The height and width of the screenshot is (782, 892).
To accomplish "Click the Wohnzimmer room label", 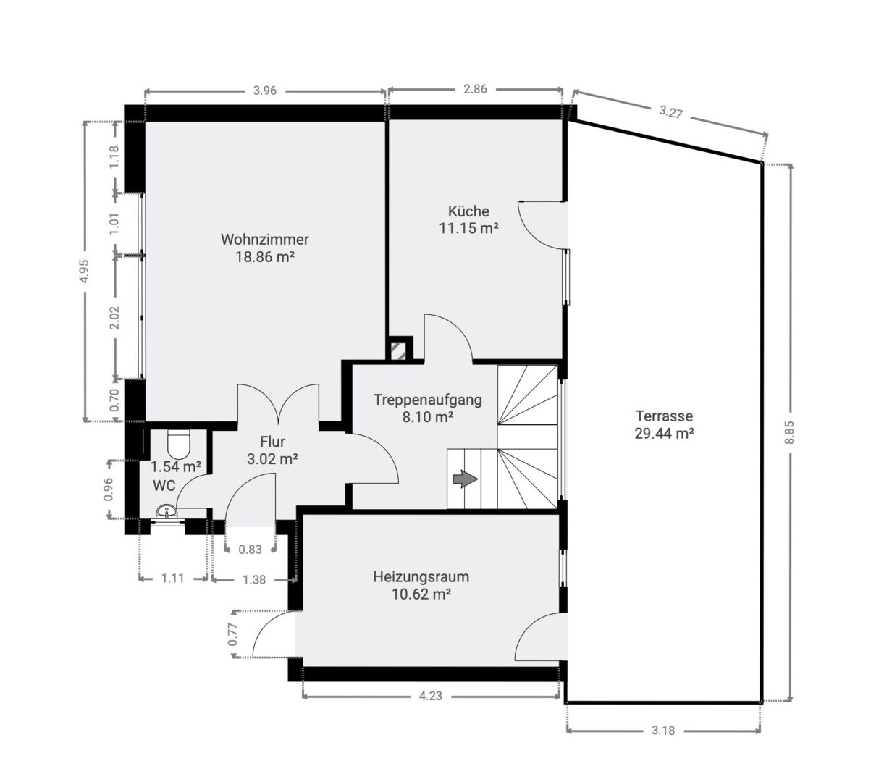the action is tap(264, 240).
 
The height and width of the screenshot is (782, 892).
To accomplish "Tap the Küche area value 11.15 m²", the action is tap(468, 228).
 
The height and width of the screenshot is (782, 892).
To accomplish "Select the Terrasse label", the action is tap(664, 416).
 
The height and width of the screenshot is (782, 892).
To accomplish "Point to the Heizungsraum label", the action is tap(421, 576).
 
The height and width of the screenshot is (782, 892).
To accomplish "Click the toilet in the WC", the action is tap(179, 445).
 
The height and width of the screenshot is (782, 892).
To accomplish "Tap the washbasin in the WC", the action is tap(167, 510).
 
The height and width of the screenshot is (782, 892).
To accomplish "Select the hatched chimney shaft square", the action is tap(400, 351).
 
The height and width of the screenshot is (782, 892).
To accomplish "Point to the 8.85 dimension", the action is tap(789, 432).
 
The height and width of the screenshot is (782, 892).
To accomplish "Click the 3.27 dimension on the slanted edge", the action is tap(670, 112).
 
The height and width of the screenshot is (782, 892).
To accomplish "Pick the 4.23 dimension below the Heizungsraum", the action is tap(430, 696).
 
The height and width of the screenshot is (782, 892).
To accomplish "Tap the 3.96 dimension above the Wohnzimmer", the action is tap(264, 91).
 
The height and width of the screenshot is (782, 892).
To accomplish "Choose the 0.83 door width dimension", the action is tap(250, 550).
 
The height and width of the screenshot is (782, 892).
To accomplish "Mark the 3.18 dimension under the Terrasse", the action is tap(663, 731).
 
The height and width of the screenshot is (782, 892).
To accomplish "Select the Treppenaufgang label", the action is tap(427, 400).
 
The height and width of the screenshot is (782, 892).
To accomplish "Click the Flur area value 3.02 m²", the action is tap(272, 459).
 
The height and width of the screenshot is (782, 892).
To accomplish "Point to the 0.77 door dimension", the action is tap(233, 634).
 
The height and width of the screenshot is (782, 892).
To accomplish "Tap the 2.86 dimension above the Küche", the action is tap(475, 89).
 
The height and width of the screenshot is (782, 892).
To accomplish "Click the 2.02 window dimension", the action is tap(114, 317).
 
